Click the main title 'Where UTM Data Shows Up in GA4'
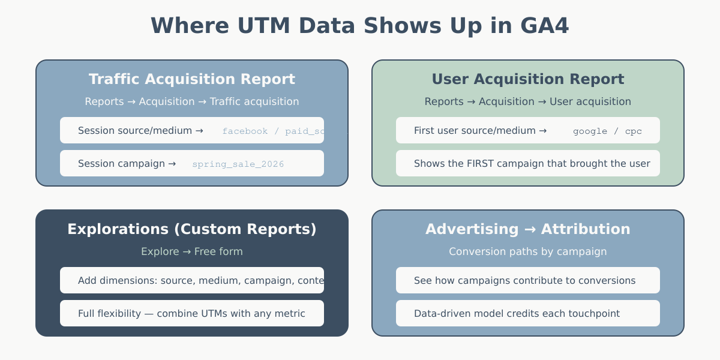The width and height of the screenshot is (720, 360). [x=359, y=26]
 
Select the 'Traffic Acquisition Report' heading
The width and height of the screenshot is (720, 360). [x=192, y=79]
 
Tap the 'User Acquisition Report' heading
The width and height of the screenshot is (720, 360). [x=528, y=79]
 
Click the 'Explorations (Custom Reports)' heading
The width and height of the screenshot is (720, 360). [x=192, y=229]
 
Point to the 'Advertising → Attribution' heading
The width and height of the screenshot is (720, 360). [x=528, y=229]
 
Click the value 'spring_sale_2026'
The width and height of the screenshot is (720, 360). [x=238, y=164]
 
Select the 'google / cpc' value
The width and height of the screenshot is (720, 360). [x=607, y=131]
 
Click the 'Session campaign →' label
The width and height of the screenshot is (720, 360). [x=127, y=164]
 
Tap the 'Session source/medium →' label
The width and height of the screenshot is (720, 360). [x=140, y=131]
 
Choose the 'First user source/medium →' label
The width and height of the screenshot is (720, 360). [x=480, y=131]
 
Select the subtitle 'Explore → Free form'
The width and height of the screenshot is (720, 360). [x=192, y=251]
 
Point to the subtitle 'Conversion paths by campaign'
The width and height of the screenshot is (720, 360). [x=528, y=251]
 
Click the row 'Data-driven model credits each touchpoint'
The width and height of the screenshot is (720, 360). [x=517, y=313]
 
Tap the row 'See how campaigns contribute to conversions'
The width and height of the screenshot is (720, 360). [x=524, y=280]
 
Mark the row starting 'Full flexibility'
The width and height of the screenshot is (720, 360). [x=191, y=313]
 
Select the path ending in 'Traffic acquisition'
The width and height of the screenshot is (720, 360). [x=192, y=101]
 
